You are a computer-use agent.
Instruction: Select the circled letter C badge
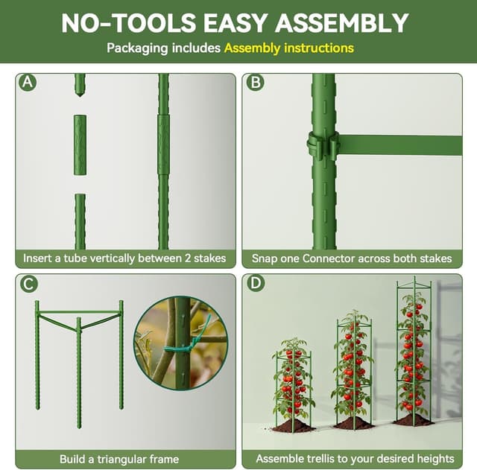[x=28, y=284]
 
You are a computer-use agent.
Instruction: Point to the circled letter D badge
[x=256, y=284]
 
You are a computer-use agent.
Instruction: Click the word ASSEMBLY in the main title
[x=342, y=22]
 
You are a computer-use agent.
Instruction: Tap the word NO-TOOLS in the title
[x=120, y=22]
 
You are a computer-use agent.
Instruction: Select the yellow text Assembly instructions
[x=288, y=48]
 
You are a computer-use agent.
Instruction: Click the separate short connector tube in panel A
[x=80, y=145]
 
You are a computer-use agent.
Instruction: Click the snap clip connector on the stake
[x=323, y=145]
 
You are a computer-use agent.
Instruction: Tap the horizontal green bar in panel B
[x=402, y=145]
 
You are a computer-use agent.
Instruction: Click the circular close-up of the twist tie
[x=180, y=343]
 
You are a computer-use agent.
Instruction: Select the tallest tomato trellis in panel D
[x=414, y=350]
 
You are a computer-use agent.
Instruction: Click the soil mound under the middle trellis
[x=354, y=424]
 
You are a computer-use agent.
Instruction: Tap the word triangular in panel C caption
[x=121, y=459]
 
